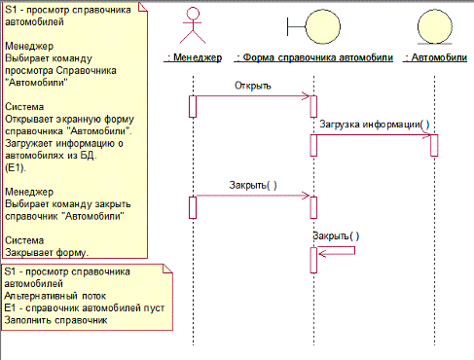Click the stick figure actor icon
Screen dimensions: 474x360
(x=193, y=26)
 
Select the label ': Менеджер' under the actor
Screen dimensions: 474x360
(x=194, y=57)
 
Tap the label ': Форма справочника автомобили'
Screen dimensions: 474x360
(x=313, y=57)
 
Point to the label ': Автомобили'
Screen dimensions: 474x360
(x=435, y=57)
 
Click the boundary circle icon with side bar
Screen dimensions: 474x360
(x=313, y=26)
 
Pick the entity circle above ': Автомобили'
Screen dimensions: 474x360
(x=435, y=26)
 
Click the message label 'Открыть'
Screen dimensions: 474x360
(x=253, y=86)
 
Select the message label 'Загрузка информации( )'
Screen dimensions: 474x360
(x=375, y=125)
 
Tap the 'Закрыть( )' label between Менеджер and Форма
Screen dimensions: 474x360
(x=253, y=185)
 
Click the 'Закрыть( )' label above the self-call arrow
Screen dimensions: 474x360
(x=336, y=235)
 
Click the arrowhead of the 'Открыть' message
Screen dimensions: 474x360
(x=307, y=96)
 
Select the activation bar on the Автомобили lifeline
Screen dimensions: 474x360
(x=434, y=145)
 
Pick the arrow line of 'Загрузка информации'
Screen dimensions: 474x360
(x=374, y=135)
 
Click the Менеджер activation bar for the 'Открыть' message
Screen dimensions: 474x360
(x=193, y=106)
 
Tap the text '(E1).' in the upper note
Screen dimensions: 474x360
(x=16, y=167)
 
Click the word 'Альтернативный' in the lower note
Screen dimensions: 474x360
(x=41, y=296)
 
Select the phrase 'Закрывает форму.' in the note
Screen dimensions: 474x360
(x=47, y=252)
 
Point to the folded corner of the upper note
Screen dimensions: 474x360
(x=143, y=7)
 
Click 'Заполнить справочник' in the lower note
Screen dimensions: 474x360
(x=55, y=320)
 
